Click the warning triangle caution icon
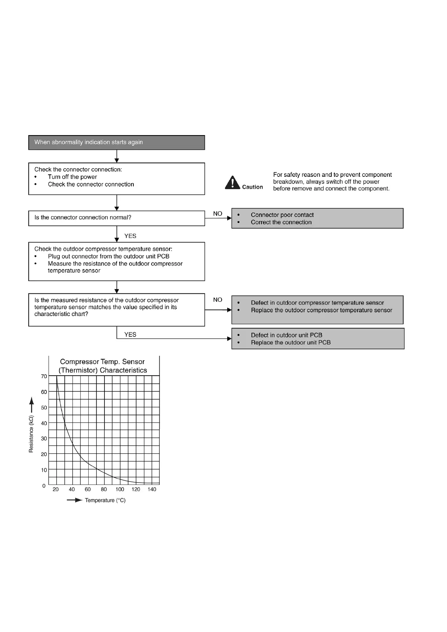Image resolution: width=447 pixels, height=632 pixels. [233, 183]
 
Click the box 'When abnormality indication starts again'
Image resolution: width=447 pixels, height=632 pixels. [116, 143]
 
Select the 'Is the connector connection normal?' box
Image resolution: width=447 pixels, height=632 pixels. [116, 218]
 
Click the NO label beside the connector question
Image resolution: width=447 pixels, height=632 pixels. [218, 214]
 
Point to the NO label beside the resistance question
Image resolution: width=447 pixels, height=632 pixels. [218, 300]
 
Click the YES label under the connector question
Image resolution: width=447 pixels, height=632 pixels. [130, 236]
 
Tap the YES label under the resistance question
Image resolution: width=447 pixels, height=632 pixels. [130, 335]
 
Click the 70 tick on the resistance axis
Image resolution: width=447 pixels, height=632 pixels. [44, 376]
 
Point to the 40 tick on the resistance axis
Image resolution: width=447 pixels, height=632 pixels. [44, 423]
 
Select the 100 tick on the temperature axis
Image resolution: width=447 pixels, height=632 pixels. [120, 489]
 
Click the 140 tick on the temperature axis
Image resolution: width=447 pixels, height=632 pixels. [152, 489]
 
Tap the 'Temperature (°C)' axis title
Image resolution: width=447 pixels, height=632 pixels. [105, 500]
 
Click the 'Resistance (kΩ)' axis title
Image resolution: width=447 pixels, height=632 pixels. [31, 434]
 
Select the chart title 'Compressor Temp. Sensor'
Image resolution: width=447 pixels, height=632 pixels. [102, 362]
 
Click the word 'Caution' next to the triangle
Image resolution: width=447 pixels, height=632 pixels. [252, 187]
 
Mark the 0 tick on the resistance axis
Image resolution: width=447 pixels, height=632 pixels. [44, 486]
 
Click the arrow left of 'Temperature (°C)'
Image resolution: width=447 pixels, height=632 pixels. [74, 500]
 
